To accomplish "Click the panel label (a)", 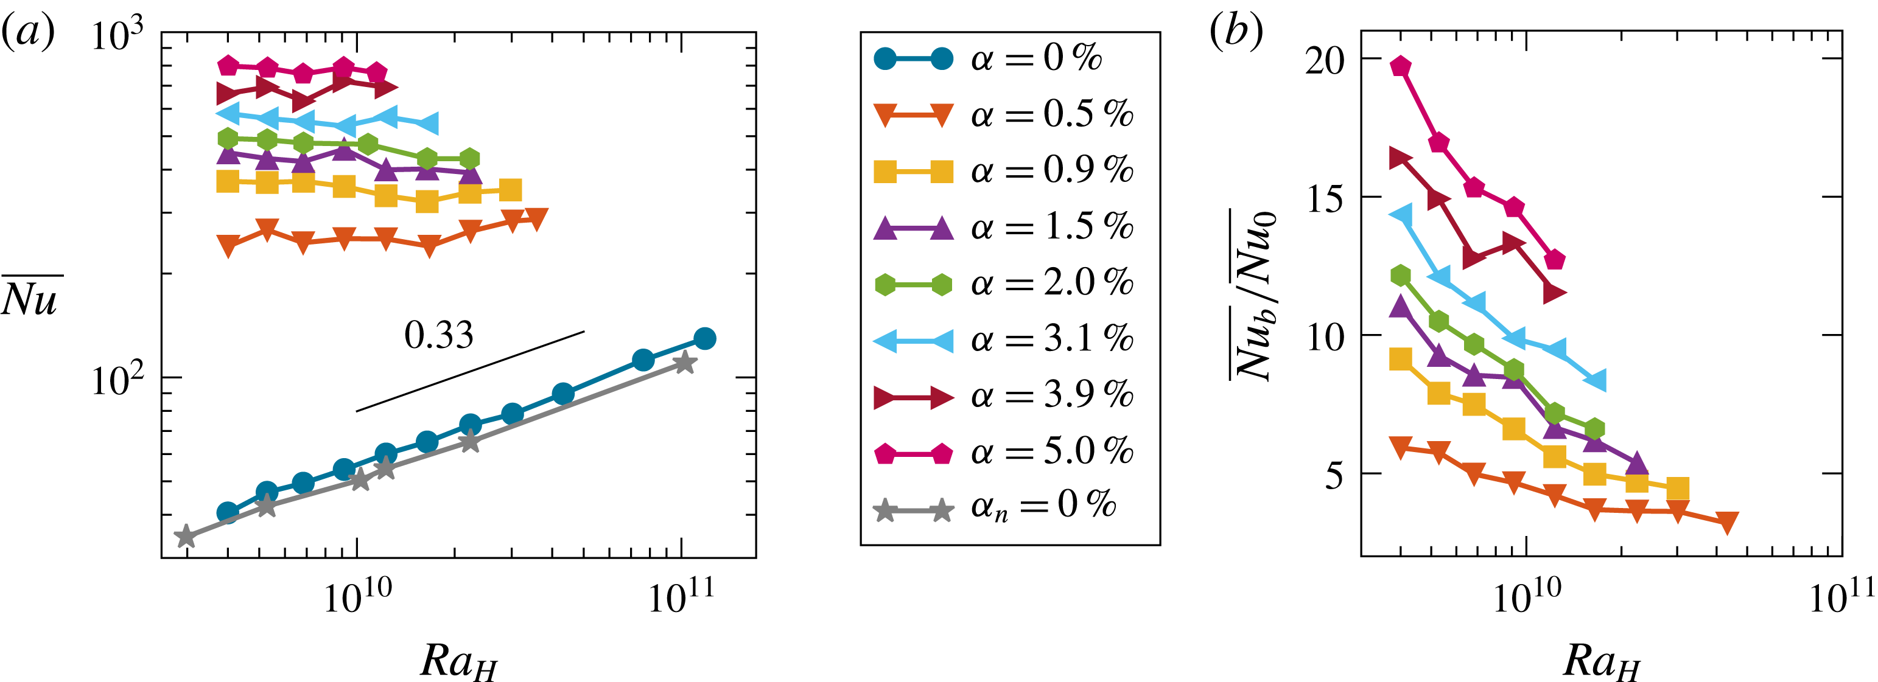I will point(28,33).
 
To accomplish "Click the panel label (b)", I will point(1236,33).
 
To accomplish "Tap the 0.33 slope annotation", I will point(439,335).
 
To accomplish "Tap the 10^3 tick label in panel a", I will point(117,35).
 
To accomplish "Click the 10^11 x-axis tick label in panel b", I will point(1842,597).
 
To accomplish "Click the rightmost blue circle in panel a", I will point(704,338).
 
